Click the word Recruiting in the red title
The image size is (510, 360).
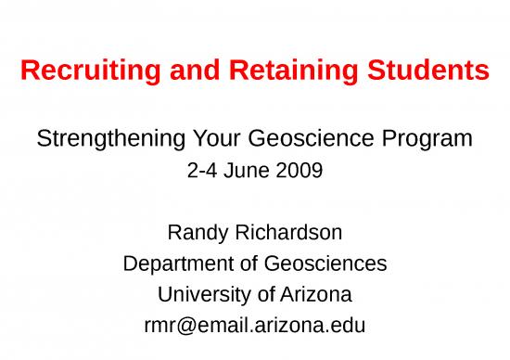tap(79, 70)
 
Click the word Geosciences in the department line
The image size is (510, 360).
tap(325, 264)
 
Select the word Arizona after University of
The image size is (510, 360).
tap(314, 295)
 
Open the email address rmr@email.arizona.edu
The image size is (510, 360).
tap(254, 326)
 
